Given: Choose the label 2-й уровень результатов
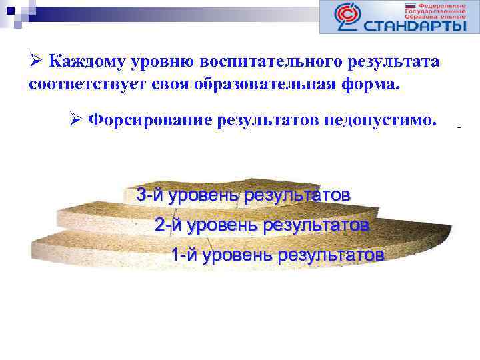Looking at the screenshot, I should coord(261,225).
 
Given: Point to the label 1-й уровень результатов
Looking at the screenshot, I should coord(277,255).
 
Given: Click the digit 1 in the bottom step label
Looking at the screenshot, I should coord(175,255).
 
